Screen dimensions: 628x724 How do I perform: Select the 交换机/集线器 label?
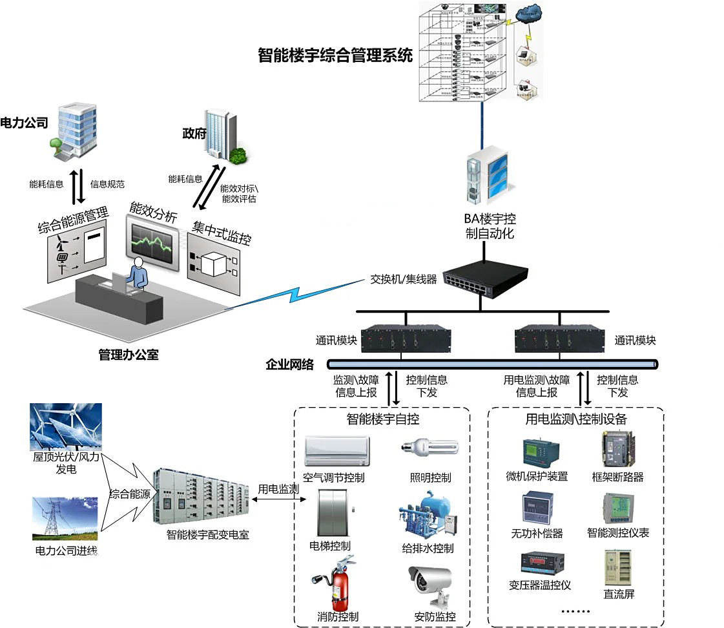point(404,279)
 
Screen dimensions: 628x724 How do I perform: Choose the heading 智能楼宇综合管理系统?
point(335,55)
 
